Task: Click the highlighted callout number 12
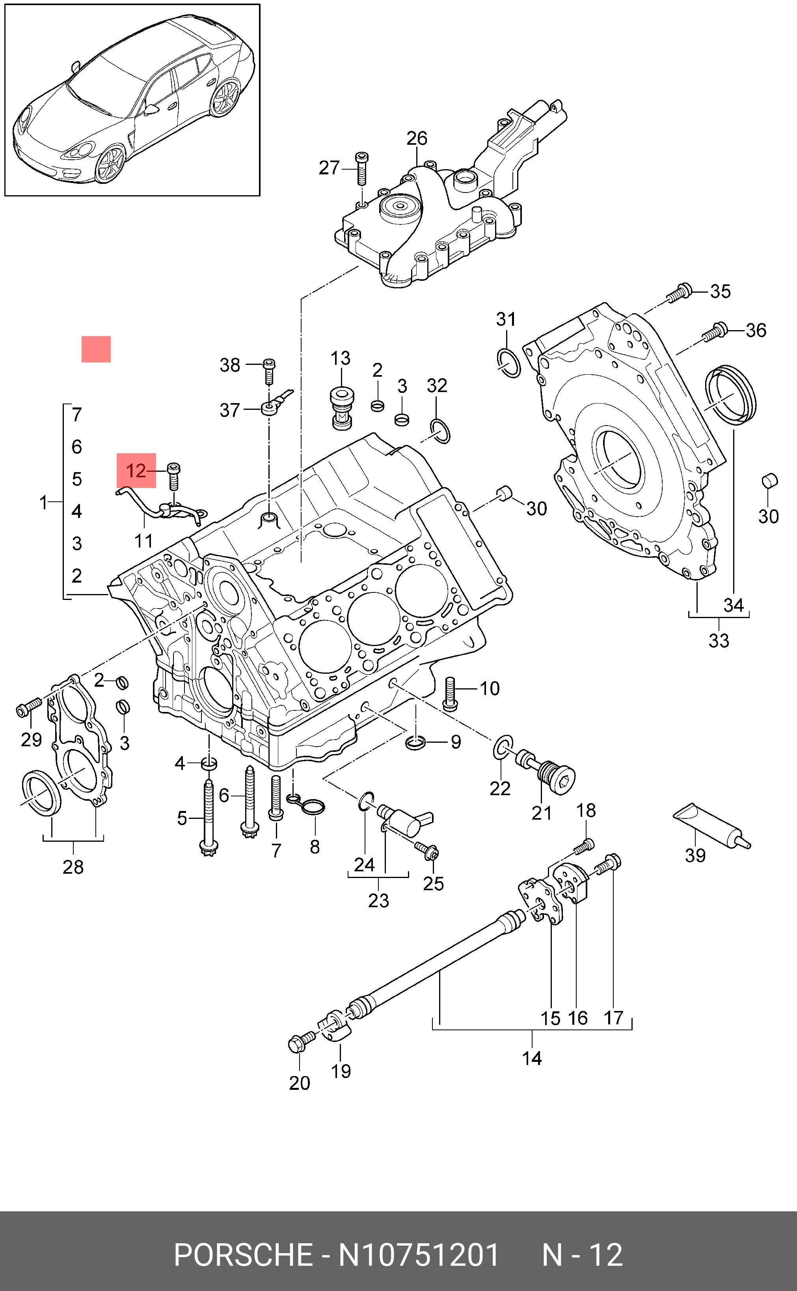136,471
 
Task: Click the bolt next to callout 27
362,168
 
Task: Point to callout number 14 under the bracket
532,1058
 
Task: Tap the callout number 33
719,640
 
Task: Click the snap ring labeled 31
508,362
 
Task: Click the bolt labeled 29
30,707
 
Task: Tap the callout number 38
230,365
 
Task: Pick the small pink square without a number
96,349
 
